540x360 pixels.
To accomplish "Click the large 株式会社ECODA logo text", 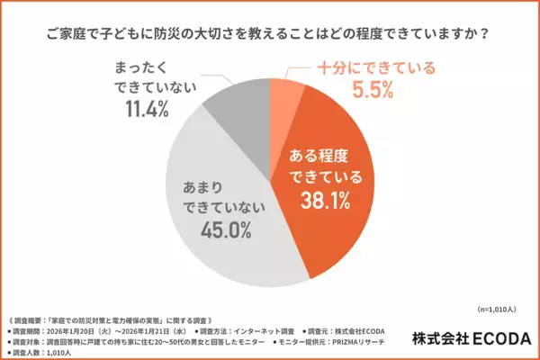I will coord(472,337).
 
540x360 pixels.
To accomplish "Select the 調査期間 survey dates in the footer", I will coord(90,332).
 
